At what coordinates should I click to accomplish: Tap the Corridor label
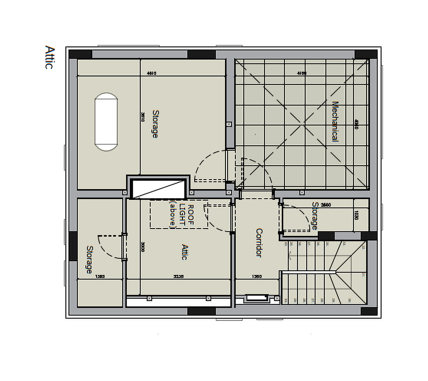(259, 243)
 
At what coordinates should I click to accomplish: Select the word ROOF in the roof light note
(191, 214)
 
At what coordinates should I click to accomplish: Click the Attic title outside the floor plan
(50, 57)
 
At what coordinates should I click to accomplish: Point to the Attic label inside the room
(185, 252)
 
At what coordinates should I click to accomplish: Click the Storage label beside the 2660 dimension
(315, 216)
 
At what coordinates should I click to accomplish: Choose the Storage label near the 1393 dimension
(89, 260)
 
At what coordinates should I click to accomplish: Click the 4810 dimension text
(151, 73)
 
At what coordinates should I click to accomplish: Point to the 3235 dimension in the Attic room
(178, 276)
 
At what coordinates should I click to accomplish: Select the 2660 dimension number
(326, 205)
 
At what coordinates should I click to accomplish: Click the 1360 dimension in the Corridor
(257, 276)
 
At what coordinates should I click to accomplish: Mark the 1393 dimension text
(100, 276)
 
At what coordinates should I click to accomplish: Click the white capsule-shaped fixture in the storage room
(106, 122)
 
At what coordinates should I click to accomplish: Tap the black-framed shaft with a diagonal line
(158, 189)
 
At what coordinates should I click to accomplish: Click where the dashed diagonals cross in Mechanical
(304, 123)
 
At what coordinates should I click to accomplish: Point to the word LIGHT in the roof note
(182, 214)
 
